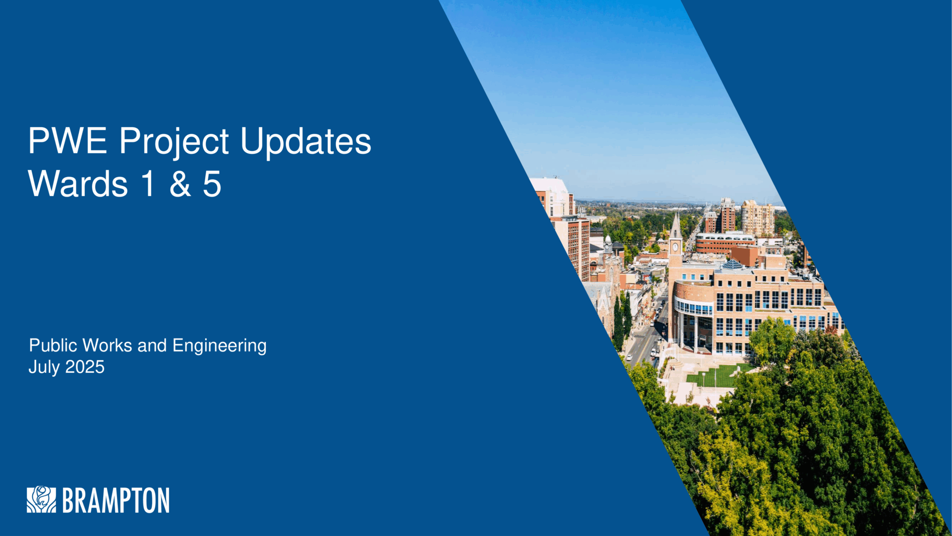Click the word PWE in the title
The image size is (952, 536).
[x=67, y=141]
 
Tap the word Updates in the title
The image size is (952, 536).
[x=306, y=143]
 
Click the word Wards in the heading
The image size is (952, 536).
[x=78, y=184]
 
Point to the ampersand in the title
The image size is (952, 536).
[x=180, y=184]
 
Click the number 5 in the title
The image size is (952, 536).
[x=212, y=184]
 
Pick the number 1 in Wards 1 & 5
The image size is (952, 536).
[x=148, y=184]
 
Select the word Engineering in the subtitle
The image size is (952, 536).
[x=219, y=346]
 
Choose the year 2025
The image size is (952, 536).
[x=85, y=367]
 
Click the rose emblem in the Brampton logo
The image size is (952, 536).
[x=41, y=499]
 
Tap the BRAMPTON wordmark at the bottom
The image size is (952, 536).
[x=116, y=500]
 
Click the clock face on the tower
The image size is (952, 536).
[x=675, y=247]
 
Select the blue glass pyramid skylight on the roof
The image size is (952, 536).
[x=732, y=265]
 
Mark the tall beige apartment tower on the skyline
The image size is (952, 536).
[x=757, y=218]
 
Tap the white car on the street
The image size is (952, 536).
[x=629, y=357]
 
